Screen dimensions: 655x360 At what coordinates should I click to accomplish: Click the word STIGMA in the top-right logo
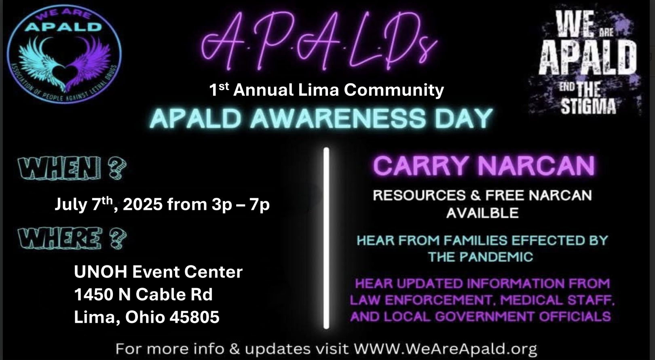[x=588, y=107]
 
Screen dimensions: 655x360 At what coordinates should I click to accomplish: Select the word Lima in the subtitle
[x=319, y=90]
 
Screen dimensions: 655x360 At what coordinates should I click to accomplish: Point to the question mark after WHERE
[x=118, y=238]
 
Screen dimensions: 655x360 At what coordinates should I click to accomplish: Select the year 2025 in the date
[x=143, y=204]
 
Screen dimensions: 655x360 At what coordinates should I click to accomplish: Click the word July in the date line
[x=71, y=204]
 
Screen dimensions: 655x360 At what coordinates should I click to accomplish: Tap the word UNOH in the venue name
[x=101, y=272]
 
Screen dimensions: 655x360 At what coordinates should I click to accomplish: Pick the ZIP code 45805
[x=194, y=317]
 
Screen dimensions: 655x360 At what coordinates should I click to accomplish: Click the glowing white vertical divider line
[x=326, y=238]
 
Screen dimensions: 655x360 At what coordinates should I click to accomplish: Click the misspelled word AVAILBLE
[x=482, y=213]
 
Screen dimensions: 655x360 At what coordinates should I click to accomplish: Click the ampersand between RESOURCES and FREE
[x=476, y=196]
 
